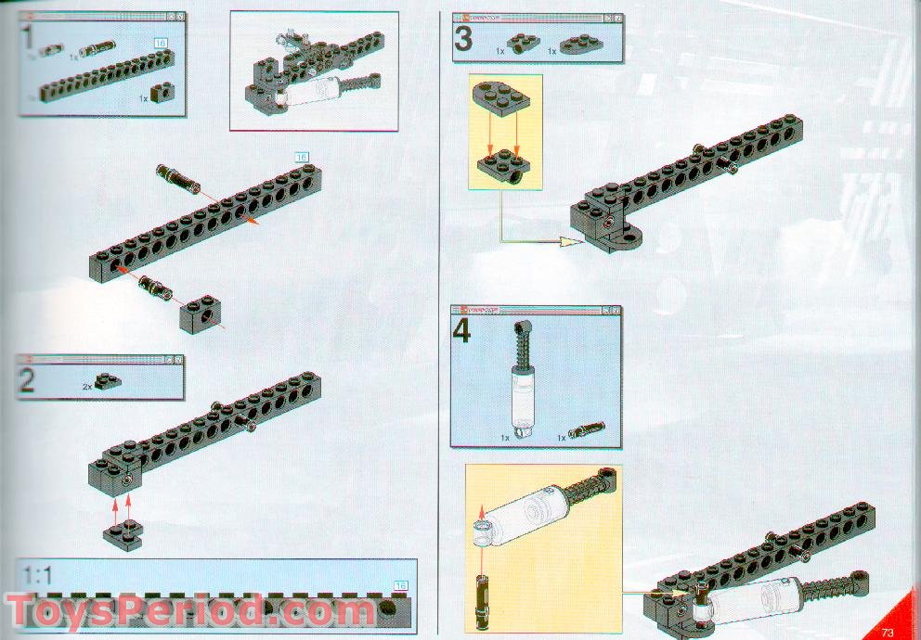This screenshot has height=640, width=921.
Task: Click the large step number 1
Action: click(x=29, y=39)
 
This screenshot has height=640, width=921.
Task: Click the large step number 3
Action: click(x=462, y=40)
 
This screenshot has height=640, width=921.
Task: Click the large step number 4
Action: click(x=462, y=332)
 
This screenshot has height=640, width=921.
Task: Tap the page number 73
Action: click(x=888, y=632)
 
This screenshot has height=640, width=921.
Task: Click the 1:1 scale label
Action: click(x=38, y=572)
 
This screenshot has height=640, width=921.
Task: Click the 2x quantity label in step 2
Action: click(x=86, y=386)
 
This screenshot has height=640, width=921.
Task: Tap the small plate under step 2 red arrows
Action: click(x=123, y=535)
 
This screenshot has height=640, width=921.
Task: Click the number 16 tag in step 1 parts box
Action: click(x=161, y=44)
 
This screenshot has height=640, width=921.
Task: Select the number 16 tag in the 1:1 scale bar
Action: click(x=401, y=584)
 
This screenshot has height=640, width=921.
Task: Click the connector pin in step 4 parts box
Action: click(x=588, y=429)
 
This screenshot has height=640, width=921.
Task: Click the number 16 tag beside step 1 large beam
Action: click(x=300, y=157)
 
